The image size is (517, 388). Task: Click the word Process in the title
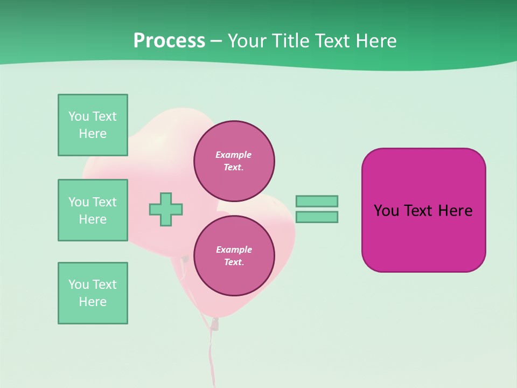pos(169,41)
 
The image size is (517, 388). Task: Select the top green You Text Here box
pos(93,125)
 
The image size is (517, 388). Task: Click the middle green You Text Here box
pos(93,210)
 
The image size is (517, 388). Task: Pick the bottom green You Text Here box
pos(93,293)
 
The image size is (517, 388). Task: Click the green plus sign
pos(166,209)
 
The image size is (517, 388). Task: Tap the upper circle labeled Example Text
pos(234,161)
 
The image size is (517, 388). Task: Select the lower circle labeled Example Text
pos(234,255)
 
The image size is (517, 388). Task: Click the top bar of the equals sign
pos(317,201)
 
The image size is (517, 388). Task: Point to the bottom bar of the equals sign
pos(317,217)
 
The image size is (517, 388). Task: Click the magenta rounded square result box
pos(423,237)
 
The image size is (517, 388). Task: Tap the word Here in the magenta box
pos(455,211)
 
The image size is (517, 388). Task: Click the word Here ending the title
pos(377,41)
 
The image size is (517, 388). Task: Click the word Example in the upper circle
pos(233,155)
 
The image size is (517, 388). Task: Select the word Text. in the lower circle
pos(234,262)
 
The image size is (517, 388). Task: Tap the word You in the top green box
pos(79,116)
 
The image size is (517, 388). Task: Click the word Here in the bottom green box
pos(93,302)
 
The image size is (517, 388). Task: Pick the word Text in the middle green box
pos(104,202)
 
